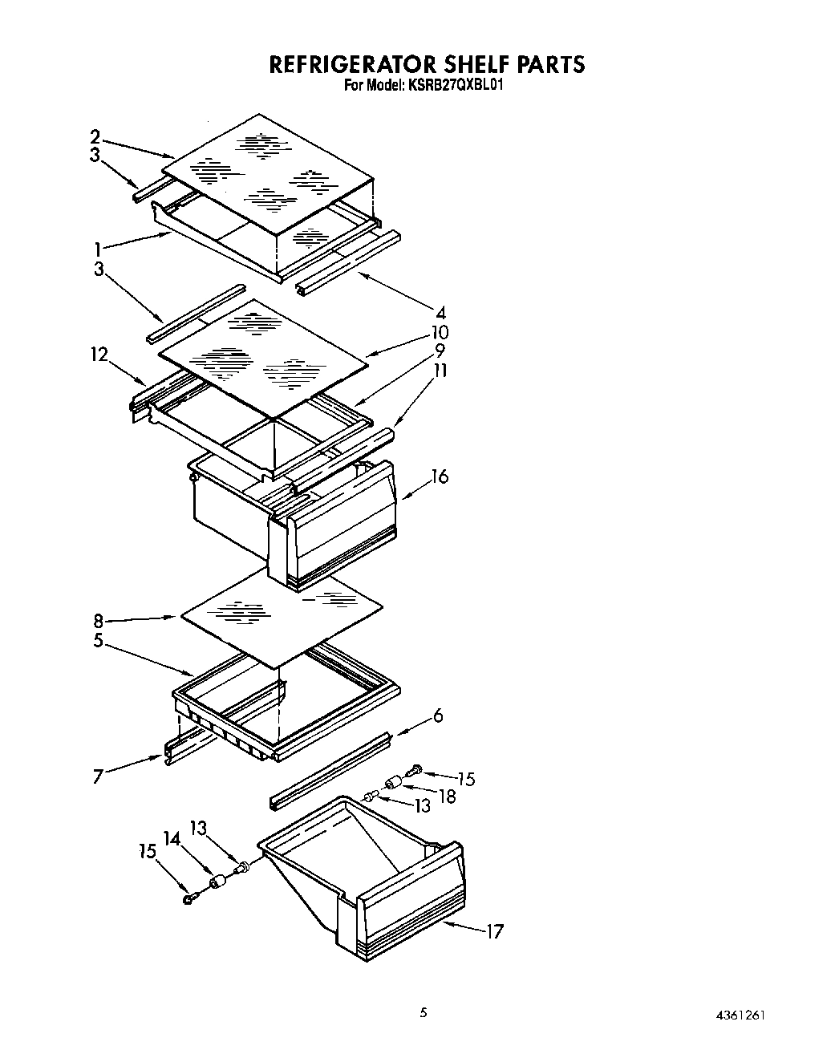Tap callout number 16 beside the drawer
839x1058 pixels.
point(440,476)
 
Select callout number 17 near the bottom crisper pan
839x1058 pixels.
point(494,931)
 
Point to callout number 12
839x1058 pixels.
point(99,354)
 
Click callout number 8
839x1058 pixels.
point(98,620)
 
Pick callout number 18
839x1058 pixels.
point(448,797)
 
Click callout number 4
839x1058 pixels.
point(440,313)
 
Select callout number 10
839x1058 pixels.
point(440,332)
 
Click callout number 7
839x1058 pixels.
point(98,776)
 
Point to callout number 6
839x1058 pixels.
point(438,715)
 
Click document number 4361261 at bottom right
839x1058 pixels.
point(739,1014)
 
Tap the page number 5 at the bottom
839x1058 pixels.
point(424,1013)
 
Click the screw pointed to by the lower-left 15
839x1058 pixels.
point(188,899)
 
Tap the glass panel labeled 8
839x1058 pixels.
point(281,622)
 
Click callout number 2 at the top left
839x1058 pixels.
point(95,136)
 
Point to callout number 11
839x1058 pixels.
point(440,371)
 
